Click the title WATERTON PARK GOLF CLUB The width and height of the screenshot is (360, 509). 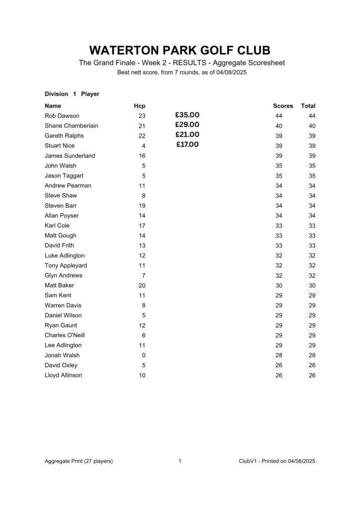coord(180,51)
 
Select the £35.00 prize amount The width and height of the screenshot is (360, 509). coord(187,115)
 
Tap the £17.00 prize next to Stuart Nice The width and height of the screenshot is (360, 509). coord(187,145)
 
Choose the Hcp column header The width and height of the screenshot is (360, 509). coord(139,106)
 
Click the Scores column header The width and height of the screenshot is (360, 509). coord(283,106)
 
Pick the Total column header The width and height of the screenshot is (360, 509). coord(308,106)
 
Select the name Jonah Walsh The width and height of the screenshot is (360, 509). coord(62,355)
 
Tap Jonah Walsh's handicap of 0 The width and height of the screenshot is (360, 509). coord(144,355)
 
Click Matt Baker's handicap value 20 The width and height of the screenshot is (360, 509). coord(142,285)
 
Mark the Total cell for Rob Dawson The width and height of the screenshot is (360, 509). coord(312,116)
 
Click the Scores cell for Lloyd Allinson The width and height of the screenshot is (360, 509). coord(278,375)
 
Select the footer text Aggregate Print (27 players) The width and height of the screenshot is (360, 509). coord(79,461)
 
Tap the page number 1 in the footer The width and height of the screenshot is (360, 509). coord(180,461)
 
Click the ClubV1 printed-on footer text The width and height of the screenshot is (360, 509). coord(277,461)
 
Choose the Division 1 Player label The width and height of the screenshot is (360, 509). coord(72,94)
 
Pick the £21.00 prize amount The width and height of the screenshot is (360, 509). coord(187,135)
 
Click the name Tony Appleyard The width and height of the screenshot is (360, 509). coord(66,265)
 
